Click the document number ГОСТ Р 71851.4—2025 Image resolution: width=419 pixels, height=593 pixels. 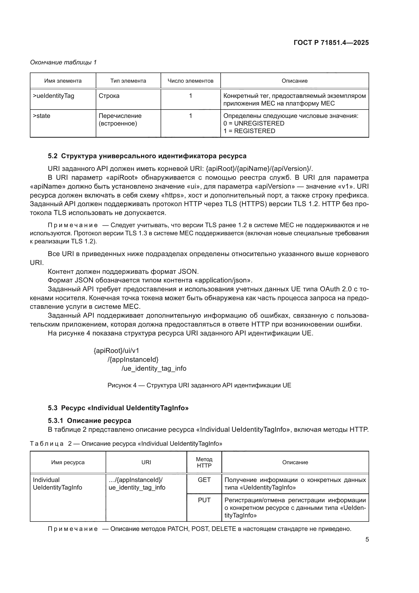331,43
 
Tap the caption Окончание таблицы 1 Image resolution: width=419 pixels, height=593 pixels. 63,62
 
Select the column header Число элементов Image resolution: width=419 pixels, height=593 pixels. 191,81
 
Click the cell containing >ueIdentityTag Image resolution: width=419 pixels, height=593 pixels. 53,96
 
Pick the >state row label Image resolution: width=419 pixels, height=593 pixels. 42,116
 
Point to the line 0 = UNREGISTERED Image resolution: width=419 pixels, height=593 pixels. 254,123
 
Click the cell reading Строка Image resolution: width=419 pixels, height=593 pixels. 109,96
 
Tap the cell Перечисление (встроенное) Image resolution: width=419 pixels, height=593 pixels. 120,119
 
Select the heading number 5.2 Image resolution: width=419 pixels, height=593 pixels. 52,156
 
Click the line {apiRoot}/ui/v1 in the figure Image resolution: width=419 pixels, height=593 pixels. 116,350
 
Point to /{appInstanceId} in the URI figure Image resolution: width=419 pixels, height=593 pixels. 133,359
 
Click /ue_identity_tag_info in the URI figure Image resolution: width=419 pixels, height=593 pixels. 154,368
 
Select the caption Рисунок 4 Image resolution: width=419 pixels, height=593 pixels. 199,385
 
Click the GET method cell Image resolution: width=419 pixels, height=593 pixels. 204,480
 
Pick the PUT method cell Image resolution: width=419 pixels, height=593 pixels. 204,500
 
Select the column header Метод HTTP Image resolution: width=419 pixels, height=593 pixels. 204,462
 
